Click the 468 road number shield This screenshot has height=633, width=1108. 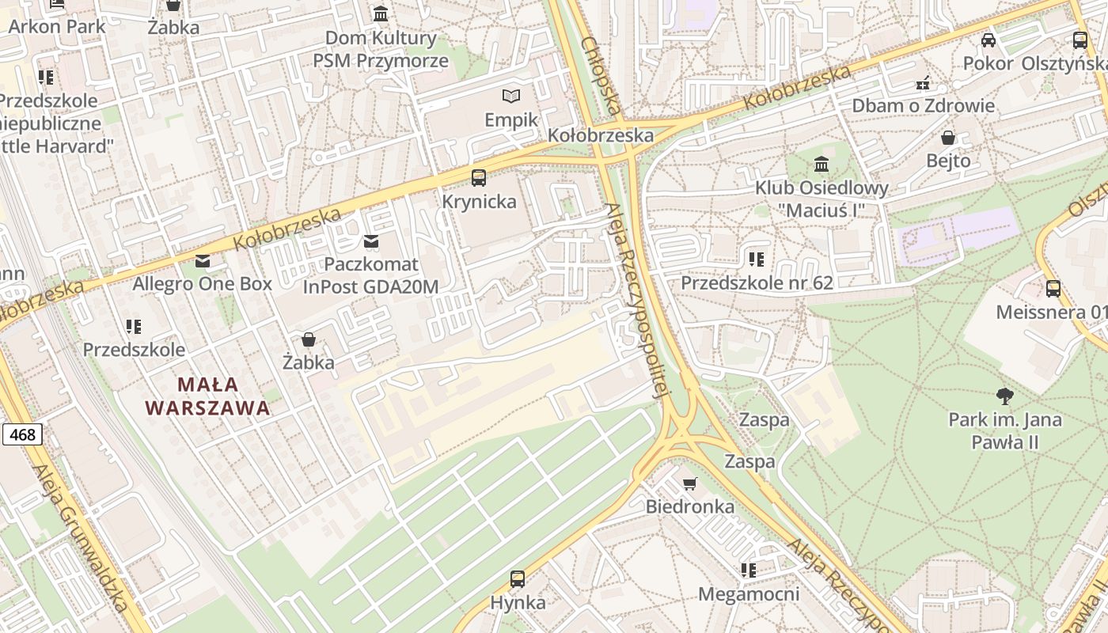pos(22,434)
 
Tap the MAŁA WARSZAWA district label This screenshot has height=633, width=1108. pos(207,396)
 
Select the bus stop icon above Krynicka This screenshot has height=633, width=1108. pos(479,178)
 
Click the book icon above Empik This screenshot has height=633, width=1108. pos(512,97)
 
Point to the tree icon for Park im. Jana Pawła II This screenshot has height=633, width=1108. pos(1005,396)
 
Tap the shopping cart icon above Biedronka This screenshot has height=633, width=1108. pos(690,483)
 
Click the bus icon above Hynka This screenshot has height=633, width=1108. pos(518,579)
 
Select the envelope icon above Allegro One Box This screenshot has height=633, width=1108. pos(203,261)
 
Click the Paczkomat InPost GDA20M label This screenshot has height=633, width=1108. pos(370,275)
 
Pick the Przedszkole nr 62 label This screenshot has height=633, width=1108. pos(757,282)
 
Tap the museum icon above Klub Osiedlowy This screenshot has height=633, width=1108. pos(822,165)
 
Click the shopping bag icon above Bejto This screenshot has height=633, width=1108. pos(948,138)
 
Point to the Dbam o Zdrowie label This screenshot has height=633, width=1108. pos(923,105)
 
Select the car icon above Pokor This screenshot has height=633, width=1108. pos(988,40)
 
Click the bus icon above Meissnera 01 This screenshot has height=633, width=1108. pos(1053,289)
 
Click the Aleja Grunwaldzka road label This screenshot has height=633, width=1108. pos(81,538)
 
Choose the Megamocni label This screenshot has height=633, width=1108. pos(748,593)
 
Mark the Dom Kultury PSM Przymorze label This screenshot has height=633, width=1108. pos(381,49)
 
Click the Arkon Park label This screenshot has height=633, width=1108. pos(57,26)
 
